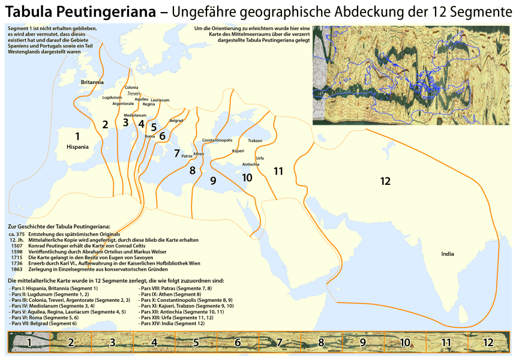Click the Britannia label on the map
92,82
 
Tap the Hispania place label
77,146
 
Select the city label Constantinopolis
217,140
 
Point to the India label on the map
447,254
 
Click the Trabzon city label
254,140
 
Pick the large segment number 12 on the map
385,181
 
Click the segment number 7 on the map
176,153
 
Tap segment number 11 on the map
278,171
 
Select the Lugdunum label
112,97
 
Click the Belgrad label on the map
176,121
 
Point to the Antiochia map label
250,164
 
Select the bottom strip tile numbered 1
28,343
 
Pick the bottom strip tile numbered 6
237,343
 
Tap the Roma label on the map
150,137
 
